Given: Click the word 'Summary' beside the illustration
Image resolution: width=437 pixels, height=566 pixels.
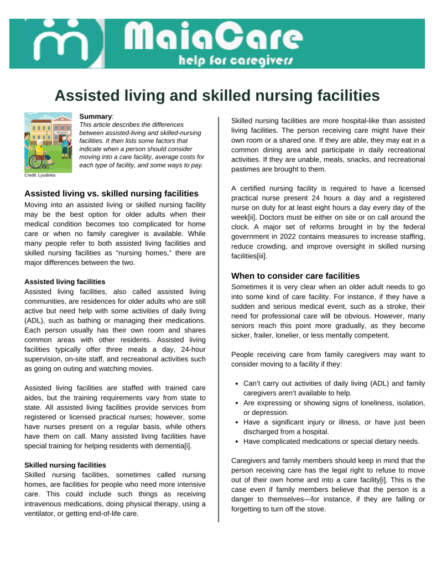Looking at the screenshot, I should (96, 117).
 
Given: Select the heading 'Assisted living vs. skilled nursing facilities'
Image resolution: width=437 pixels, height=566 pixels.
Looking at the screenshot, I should (111, 194).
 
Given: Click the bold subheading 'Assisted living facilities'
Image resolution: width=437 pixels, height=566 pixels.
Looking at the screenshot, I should (65, 282).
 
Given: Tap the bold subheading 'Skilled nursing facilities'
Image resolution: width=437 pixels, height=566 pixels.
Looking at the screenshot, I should (65, 465).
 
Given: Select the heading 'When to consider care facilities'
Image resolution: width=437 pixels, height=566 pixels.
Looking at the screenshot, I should (295, 276).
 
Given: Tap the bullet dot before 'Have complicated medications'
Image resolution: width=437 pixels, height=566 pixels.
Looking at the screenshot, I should (237, 442).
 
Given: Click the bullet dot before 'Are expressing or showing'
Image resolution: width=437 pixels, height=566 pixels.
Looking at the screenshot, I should (237, 403).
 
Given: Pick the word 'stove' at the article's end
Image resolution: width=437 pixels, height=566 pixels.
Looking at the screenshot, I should (315, 510).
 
